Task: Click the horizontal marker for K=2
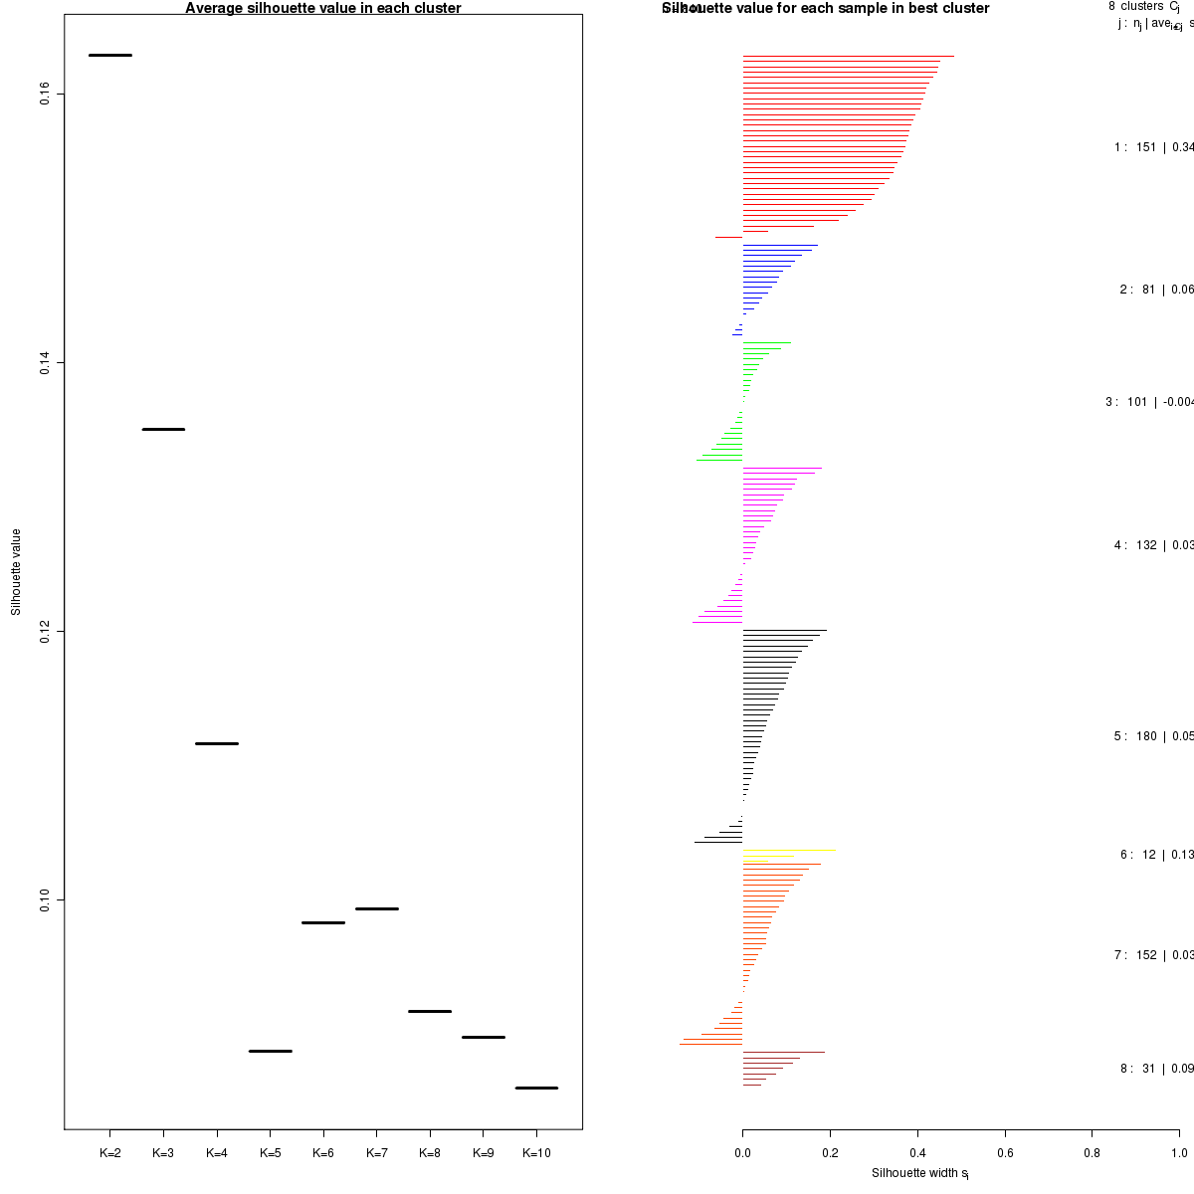[110, 55]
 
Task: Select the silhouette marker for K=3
[163, 429]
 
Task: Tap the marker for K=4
[217, 743]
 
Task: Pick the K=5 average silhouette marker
[270, 1051]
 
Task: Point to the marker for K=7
[377, 908]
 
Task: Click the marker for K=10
[536, 1088]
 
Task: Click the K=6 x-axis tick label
[323, 1153]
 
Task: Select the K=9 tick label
[483, 1153]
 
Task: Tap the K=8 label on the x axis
[430, 1153]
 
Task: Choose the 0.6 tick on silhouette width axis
[1005, 1153]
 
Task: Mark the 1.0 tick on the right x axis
[1179, 1153]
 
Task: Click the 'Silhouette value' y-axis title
[16, 572]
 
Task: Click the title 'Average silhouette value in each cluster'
[323, 9]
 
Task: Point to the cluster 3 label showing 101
[1150, 402]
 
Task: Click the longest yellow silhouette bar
[789, 851]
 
